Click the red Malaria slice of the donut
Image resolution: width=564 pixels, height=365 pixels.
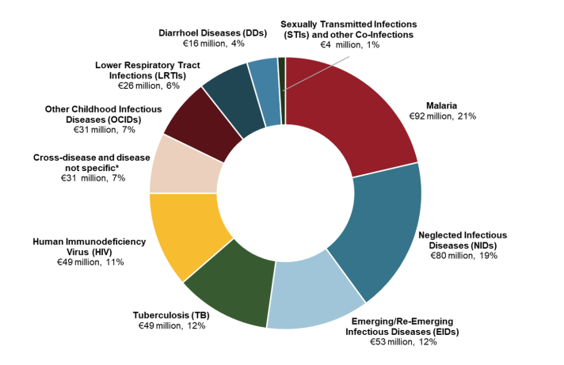(x=356, y=119)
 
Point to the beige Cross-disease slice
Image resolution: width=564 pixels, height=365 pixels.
(x=176, y=164)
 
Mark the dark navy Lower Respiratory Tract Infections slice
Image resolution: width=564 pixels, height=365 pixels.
(x=230, y=93)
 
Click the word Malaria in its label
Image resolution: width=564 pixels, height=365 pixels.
(x=441, y=105)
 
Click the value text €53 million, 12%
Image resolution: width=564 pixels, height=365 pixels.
(x=405, y=342)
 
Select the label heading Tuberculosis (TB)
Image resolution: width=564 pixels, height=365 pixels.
(x=172, y=315)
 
